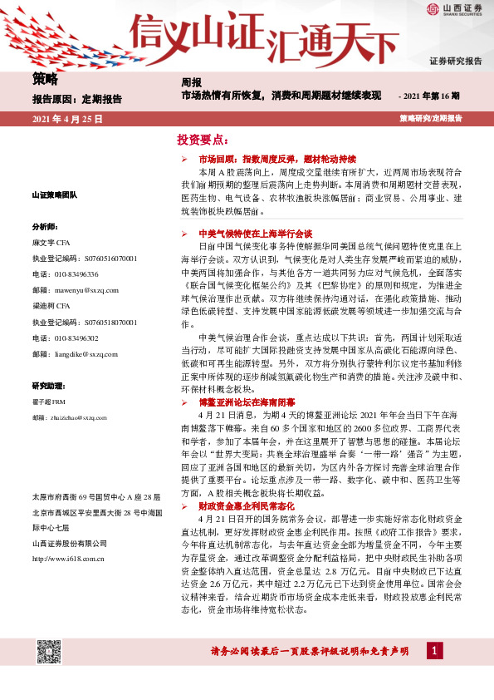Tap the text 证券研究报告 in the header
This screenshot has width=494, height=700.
click(455, 62)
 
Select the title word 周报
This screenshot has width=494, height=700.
click(191, 82)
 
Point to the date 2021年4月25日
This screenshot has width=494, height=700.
click(67, 119)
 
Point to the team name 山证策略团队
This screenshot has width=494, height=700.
click(54, 195)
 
